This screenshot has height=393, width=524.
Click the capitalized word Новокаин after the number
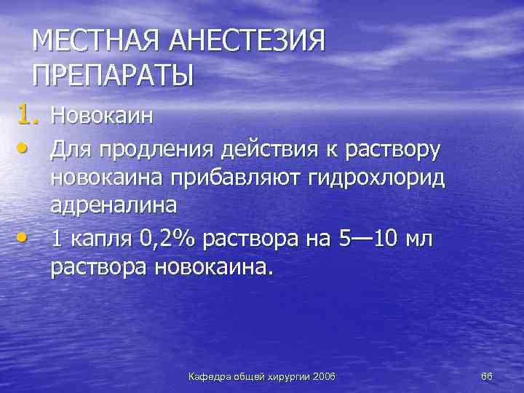101,115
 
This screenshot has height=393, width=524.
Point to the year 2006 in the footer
322,376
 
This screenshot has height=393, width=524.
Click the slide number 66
487,376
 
